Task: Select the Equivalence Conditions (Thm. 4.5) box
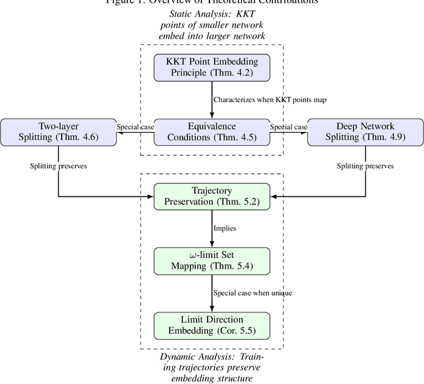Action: point(211,131)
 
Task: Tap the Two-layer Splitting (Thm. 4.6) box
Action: point(58,131)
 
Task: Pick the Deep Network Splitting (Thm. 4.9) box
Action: point(365,131)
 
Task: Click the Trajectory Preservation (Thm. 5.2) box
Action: point(211,196)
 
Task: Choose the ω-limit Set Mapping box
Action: point(211,260)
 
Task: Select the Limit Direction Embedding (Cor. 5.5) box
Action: point(211,324)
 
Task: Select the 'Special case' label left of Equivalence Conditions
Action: point(135,126)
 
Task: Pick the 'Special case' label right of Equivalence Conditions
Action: point(288,126)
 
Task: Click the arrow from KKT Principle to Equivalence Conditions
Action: point(211,99)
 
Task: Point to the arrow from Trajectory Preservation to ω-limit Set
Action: point(211,227)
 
